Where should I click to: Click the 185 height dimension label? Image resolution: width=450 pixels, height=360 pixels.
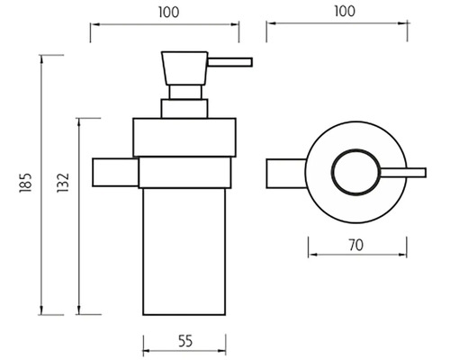pyautogui.click(x=25, y=183)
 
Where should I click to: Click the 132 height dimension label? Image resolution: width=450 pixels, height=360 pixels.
pyautogui.click(x=63, y=183)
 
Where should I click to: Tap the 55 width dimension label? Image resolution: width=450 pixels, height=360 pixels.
pyautogui.click(x=185, y=341)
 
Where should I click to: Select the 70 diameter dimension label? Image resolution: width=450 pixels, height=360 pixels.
pyautogui.click(x=356, y=245)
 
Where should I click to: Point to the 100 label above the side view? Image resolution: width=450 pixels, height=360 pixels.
pyautogui.click(x=168, y=13)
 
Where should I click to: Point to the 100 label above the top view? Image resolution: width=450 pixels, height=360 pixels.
pyautogui.click(x=345, y=11)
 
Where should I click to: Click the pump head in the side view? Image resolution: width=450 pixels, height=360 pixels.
pyautogui.click(x=184, y=68)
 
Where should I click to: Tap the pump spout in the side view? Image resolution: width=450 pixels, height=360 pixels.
pyautogui.click(x=230, y=62)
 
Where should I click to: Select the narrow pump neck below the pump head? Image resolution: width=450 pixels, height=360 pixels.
pyautogui.click(x=185, y=92)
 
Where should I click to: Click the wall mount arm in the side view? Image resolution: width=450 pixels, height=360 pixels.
pyautogui.click(x=115, y=172)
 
